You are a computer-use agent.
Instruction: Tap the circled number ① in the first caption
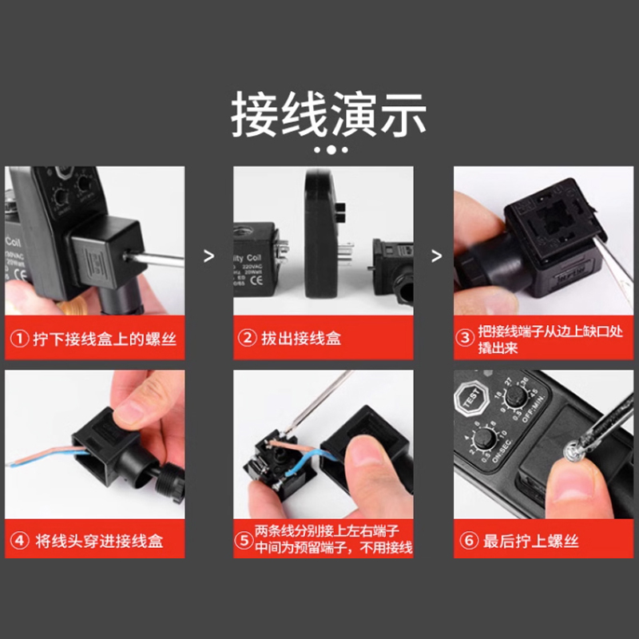point(19,338)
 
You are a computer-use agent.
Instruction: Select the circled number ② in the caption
point(248,338)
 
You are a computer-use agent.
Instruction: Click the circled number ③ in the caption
point(466,338)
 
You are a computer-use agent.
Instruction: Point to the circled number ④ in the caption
point(19,541)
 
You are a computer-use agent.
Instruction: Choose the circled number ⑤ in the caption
point(244,541)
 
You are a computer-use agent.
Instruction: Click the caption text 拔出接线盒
point(301,338)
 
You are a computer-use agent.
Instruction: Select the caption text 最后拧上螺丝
point(530,541)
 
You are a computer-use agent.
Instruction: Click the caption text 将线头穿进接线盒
point(99,541)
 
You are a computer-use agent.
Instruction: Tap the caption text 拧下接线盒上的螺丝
point(104,338)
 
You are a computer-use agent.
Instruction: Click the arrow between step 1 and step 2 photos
point(209,256)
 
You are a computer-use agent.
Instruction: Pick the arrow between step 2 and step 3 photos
point(436,256)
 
